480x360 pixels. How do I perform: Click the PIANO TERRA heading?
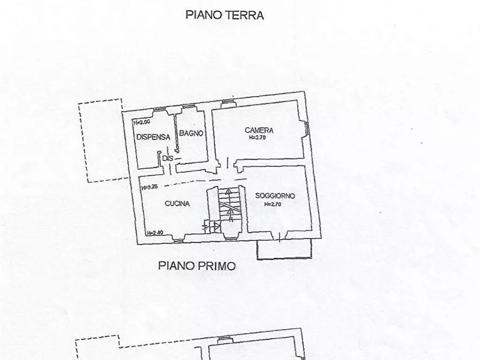(225, 15)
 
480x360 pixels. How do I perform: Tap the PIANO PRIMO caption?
(197, 265)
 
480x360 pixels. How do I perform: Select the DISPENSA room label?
(153, 137)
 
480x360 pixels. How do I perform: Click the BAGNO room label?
(191, 133)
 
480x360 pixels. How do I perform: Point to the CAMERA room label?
(259, 130)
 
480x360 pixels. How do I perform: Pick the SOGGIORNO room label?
(275, 196)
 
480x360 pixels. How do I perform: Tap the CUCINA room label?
(176, 204)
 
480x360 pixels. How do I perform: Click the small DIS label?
(168, 158)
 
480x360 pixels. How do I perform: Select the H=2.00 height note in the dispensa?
(141, 123)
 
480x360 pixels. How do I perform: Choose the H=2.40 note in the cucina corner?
(155, 233)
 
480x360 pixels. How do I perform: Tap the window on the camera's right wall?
(307, 128)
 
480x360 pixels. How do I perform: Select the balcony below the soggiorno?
(284, 250)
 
